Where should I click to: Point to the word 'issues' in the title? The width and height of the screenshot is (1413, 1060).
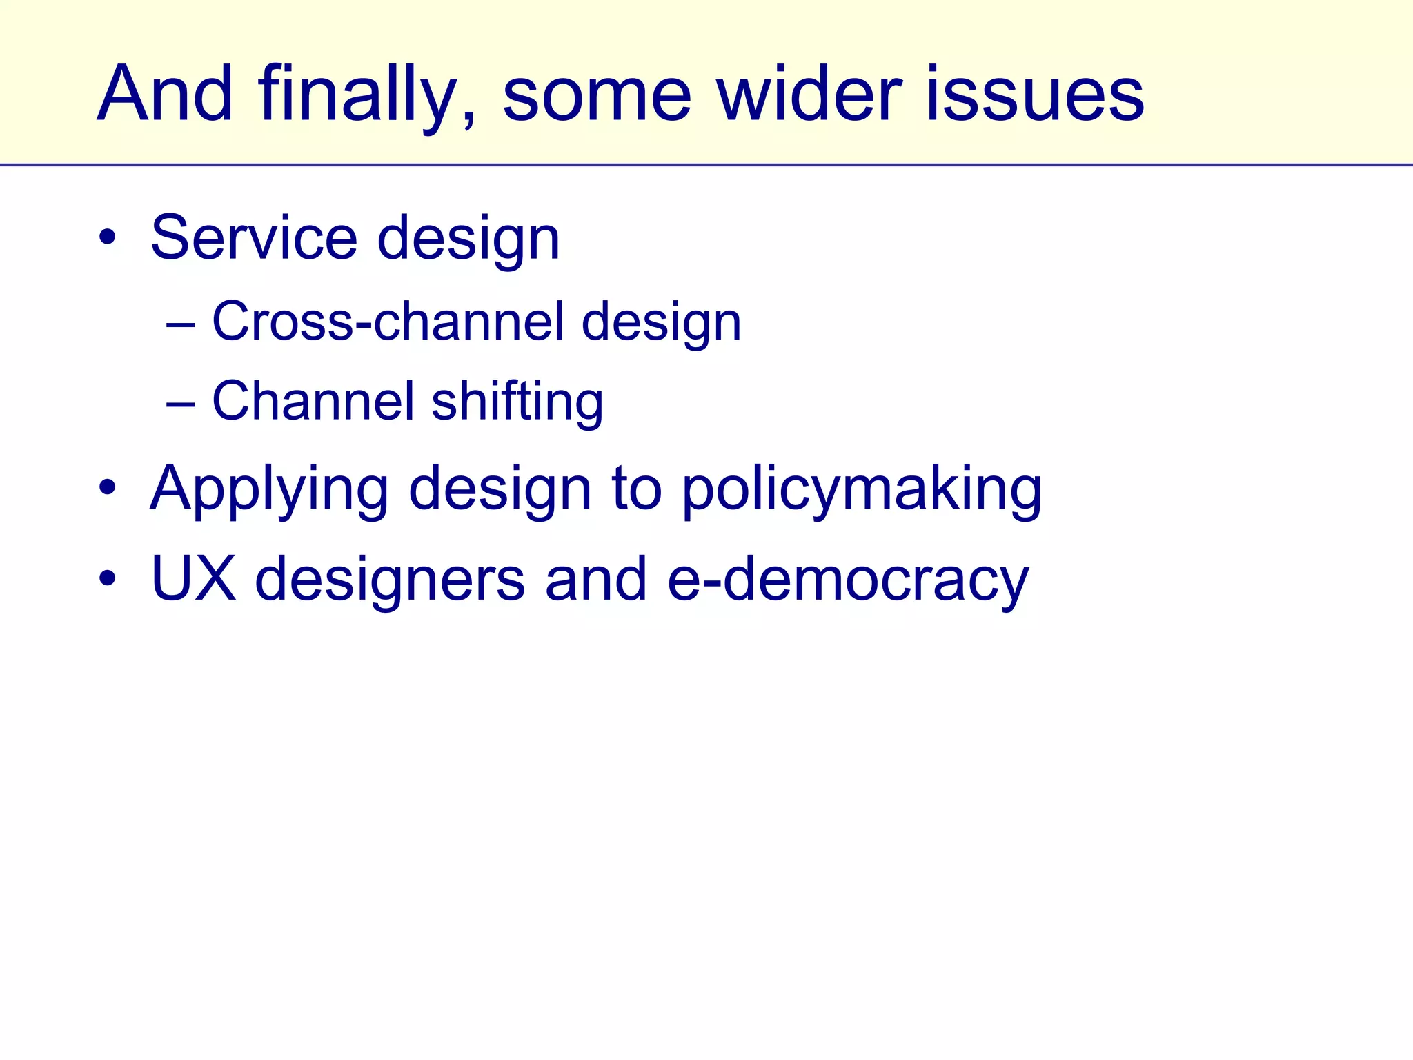pyautogui.click(x=1034, y=94)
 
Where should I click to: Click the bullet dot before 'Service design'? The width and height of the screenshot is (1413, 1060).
pyautogui.click(x=107, y=237)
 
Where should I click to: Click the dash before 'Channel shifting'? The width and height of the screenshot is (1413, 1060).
pyautogui.click(x=180, y=403)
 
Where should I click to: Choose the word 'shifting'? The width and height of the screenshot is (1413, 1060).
pyautogui.click(x=517, y=402)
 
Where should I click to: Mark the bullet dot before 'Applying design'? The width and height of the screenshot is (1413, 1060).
pyautogui.click(x=107, y=488)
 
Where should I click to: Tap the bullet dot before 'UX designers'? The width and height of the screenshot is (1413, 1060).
pyautogui.click(x=107, y=578)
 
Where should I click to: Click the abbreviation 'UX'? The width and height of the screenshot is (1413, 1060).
pyautogui.click(x=192, y=578)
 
